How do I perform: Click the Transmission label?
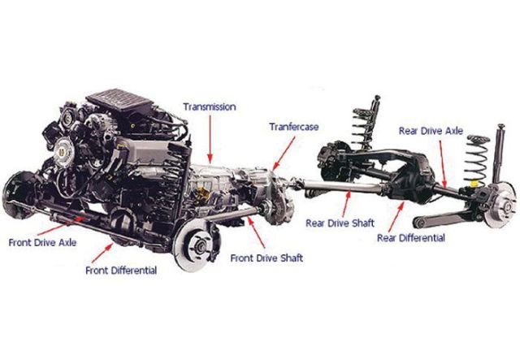[210, 106]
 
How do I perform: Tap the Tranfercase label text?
[294, 127]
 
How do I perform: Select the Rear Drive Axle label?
[431, 131]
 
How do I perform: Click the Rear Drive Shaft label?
[340, 223]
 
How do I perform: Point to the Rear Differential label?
[411, 238]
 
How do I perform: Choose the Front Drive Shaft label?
[266, 258]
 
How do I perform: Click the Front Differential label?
[121, 271]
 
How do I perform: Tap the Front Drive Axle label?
[42, 242]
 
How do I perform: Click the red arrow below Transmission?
[210, 139]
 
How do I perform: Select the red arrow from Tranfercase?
[284, 154]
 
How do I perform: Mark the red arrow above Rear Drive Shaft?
[346, 204]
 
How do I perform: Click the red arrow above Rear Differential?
[396, 217]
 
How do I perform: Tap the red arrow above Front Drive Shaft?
[257, 232]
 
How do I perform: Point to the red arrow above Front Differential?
[102, 254]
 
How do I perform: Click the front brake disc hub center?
[200, 247]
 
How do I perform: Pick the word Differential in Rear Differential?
[422, 238]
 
